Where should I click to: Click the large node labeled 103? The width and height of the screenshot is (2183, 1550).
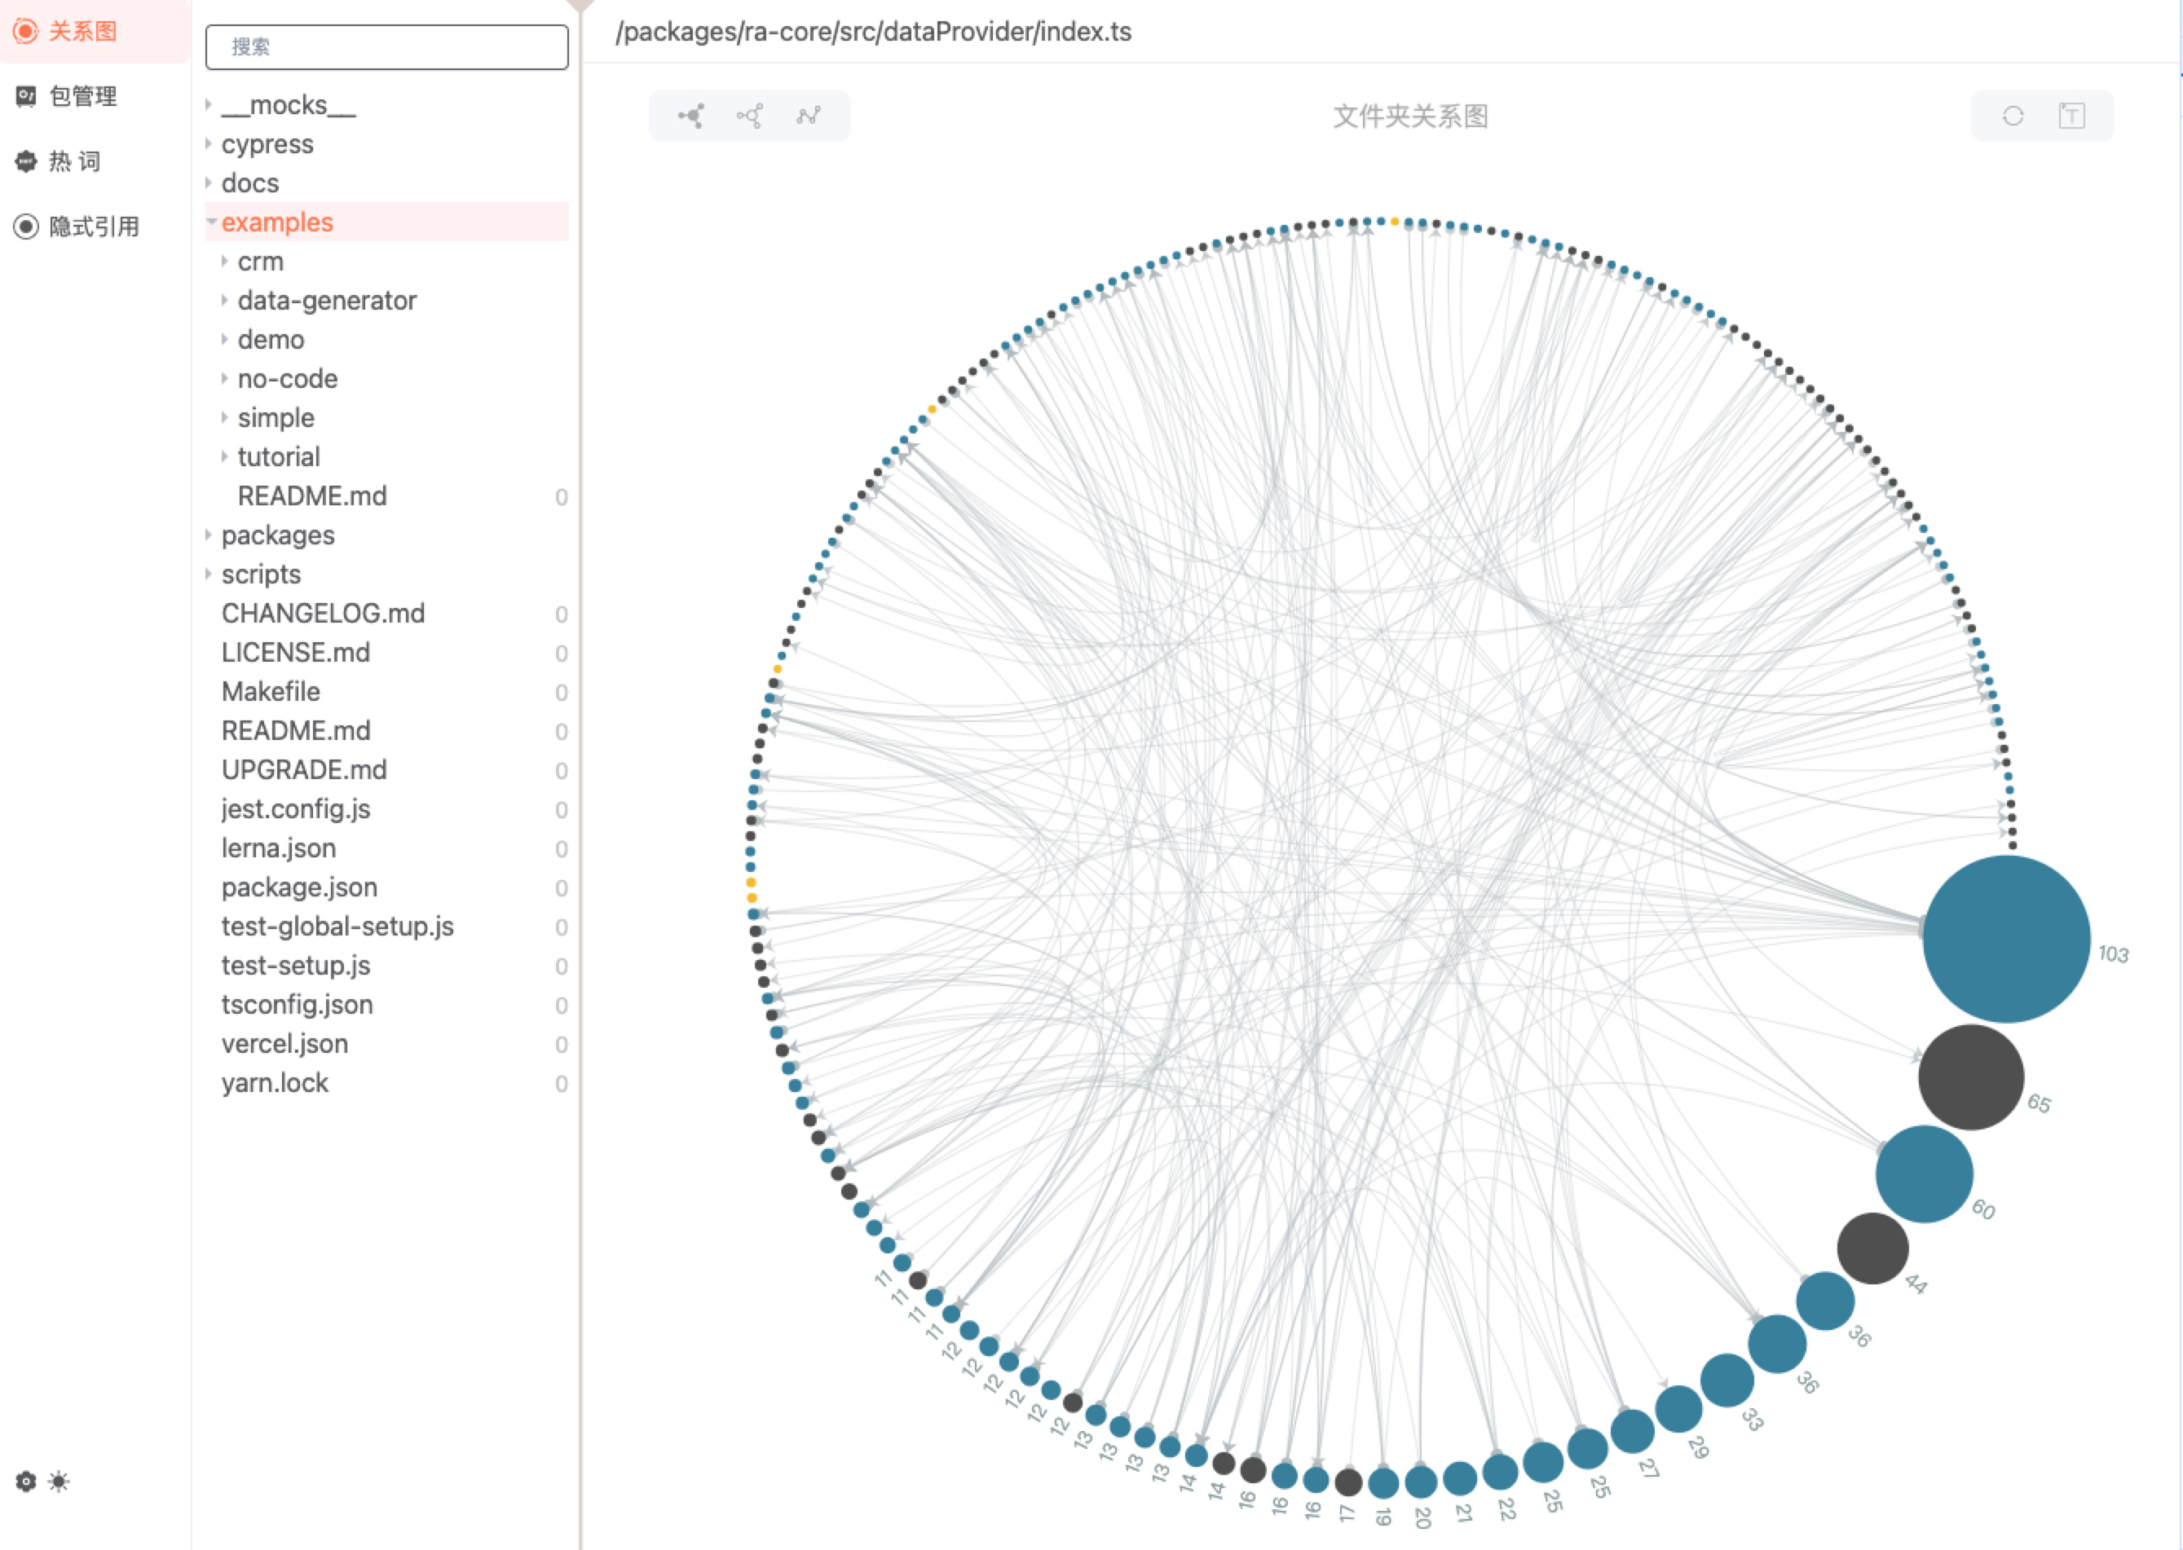pos(2005,938)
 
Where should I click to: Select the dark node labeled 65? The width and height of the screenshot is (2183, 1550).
pos(1970,1077)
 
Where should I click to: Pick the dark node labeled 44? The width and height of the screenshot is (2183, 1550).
pos(1872,1248)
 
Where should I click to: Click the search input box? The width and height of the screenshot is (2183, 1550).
pos(386,46)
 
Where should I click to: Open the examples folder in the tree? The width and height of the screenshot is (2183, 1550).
pos(277,222)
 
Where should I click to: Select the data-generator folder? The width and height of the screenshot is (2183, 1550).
pos(326,301)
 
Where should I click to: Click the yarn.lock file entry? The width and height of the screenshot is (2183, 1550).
pos(275,1083)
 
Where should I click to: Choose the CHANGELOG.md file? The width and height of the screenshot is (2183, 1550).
pos(323,614)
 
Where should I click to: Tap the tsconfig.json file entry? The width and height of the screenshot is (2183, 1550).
pos(297,1005)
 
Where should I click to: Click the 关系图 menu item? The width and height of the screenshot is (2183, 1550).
pos(82,32)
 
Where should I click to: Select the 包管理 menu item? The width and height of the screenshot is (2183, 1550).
pos(82,96)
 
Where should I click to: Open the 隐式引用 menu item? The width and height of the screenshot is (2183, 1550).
pos(94,227)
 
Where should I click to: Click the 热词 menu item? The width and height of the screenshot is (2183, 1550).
pos(74,161)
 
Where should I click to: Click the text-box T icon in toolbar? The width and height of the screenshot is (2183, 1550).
pos(2071,117)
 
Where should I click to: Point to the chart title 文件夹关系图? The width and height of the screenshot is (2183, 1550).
pos(1410,117)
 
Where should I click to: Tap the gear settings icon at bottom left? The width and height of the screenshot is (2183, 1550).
pos(26,1482)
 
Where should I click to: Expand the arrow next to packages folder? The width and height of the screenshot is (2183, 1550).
pos(208,535)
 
